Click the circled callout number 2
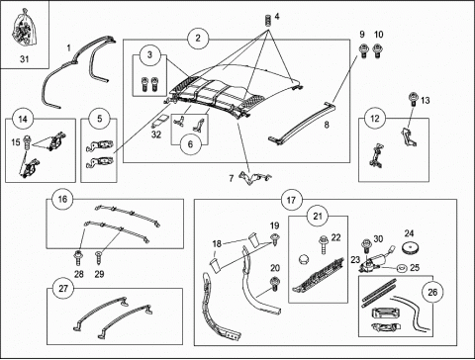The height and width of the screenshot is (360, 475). click(198, 39)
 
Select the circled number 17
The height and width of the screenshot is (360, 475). click(291, 200)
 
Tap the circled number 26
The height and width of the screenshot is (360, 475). click(432, 292)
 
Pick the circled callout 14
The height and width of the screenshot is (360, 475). click(23, 119)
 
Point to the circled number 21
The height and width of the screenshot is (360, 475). click(318, 217)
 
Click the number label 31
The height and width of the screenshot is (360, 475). click(25, 59)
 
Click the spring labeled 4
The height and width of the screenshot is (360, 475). click(268, 21)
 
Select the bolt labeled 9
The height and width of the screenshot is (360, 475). click(363, 51)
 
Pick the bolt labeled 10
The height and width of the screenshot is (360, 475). click(378, 51)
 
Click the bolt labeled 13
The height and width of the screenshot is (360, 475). click(413, 99)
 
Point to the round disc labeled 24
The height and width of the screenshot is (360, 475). click(410, 247)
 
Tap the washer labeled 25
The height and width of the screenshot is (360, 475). click(402, 268)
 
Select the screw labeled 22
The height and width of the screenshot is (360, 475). click(324, 244)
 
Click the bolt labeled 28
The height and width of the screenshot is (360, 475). click(78, 258)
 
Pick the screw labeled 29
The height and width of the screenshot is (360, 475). click(98, 258)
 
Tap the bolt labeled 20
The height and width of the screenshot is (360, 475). click(275, 285)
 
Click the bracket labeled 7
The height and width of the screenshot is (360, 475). click(254, 178)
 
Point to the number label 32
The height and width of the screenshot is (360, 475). click(156, 135)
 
